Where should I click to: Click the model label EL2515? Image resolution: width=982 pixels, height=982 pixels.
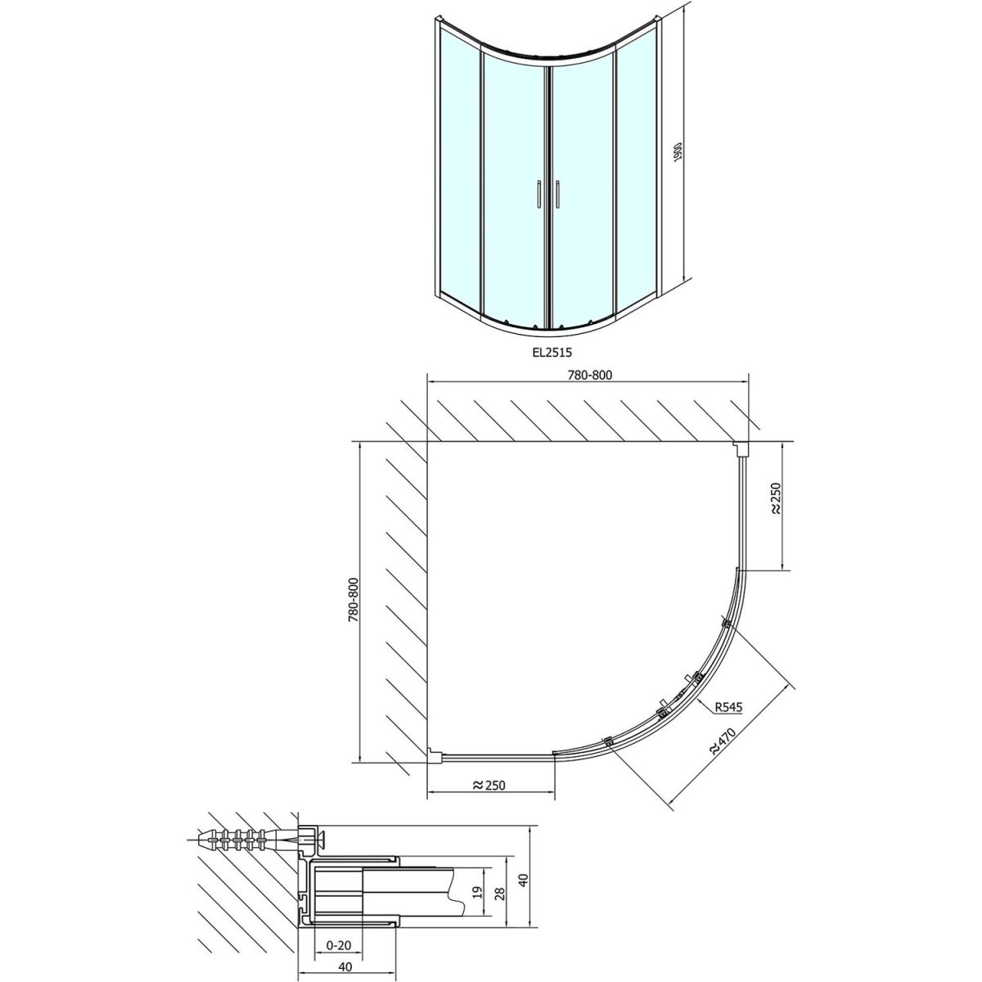coord(549,351)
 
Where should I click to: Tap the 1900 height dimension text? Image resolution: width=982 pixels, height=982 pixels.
coord(678,152)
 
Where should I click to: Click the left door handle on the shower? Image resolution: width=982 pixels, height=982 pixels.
coord(538,194)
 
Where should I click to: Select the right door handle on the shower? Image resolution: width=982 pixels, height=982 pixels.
coord(559,194)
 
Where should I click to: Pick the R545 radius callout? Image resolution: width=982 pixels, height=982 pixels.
coord(728,707)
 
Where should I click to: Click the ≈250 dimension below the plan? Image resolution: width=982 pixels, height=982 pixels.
coord(489,799)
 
